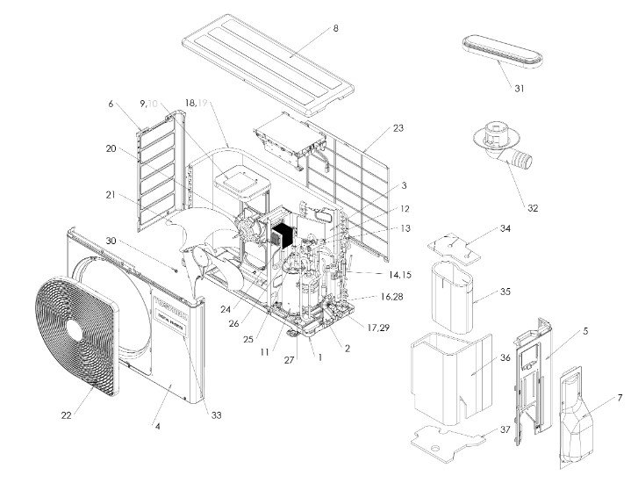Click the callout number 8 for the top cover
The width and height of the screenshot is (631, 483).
click(x=334, y=29)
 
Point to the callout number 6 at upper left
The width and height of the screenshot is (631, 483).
click(x=111, y=104)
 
